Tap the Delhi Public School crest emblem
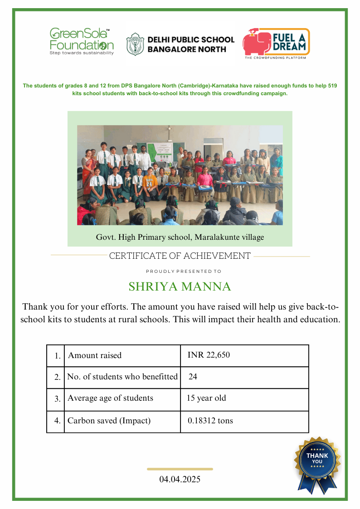(135, 44)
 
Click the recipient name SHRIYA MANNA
(180, 287)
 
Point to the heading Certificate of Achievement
(180, 256)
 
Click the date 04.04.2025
(180, 479)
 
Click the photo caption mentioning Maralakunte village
(180, 237)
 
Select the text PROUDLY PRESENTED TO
(184, 271)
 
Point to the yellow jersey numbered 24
(149, 182)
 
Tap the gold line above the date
(180, 469)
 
